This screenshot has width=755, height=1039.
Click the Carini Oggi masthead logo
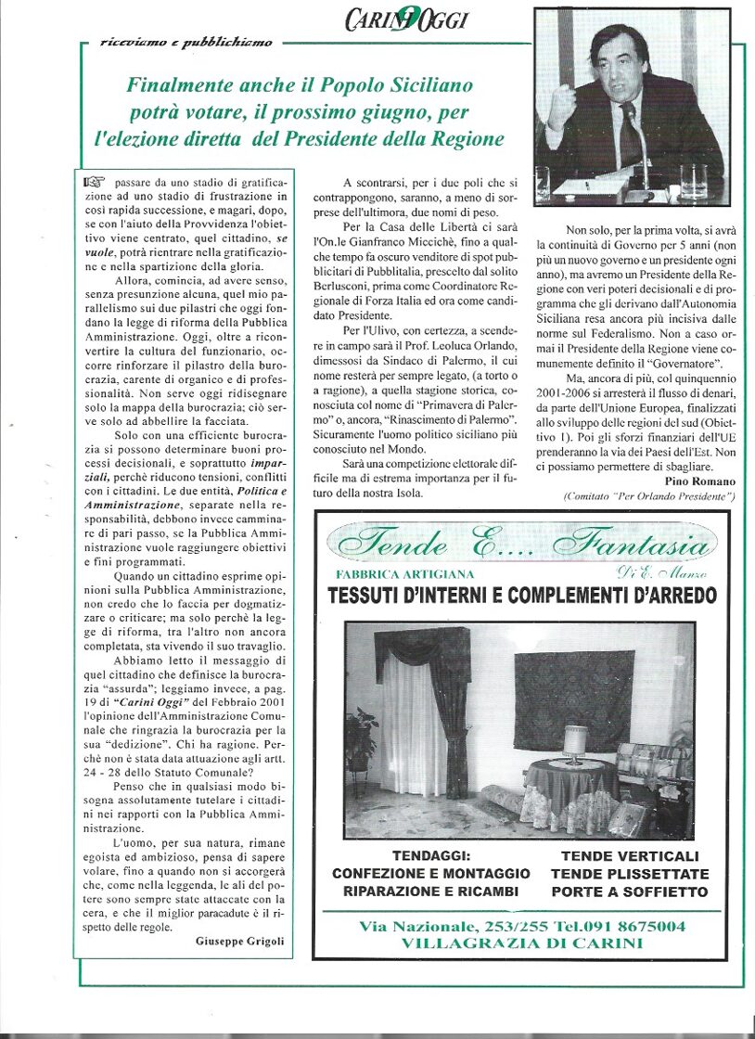click(x=408, y=19)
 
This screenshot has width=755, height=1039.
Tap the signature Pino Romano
click(x=700, y=481)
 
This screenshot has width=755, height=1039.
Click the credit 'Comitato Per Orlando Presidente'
click(x=649, y=498)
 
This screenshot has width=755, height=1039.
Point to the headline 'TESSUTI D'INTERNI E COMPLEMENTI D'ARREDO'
click(x=522, y=595)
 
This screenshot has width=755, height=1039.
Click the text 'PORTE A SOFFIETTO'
click(x=630, y=892)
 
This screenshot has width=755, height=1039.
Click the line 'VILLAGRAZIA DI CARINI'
click(x=521, y=943)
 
